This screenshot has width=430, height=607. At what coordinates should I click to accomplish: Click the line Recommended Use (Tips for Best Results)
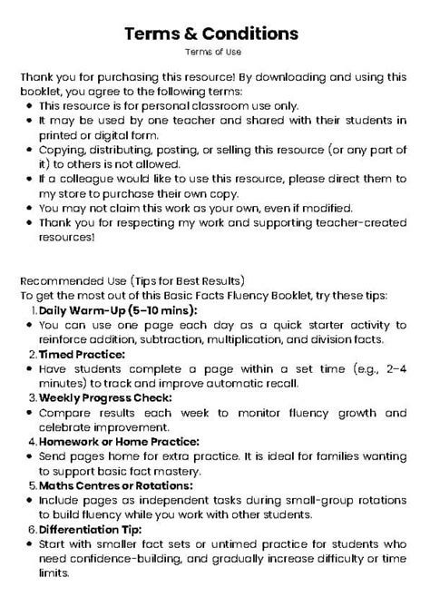point(134,280)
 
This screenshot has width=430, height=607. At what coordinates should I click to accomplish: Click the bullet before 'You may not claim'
point(29,209)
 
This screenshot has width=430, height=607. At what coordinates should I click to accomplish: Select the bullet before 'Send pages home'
point(29,456)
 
